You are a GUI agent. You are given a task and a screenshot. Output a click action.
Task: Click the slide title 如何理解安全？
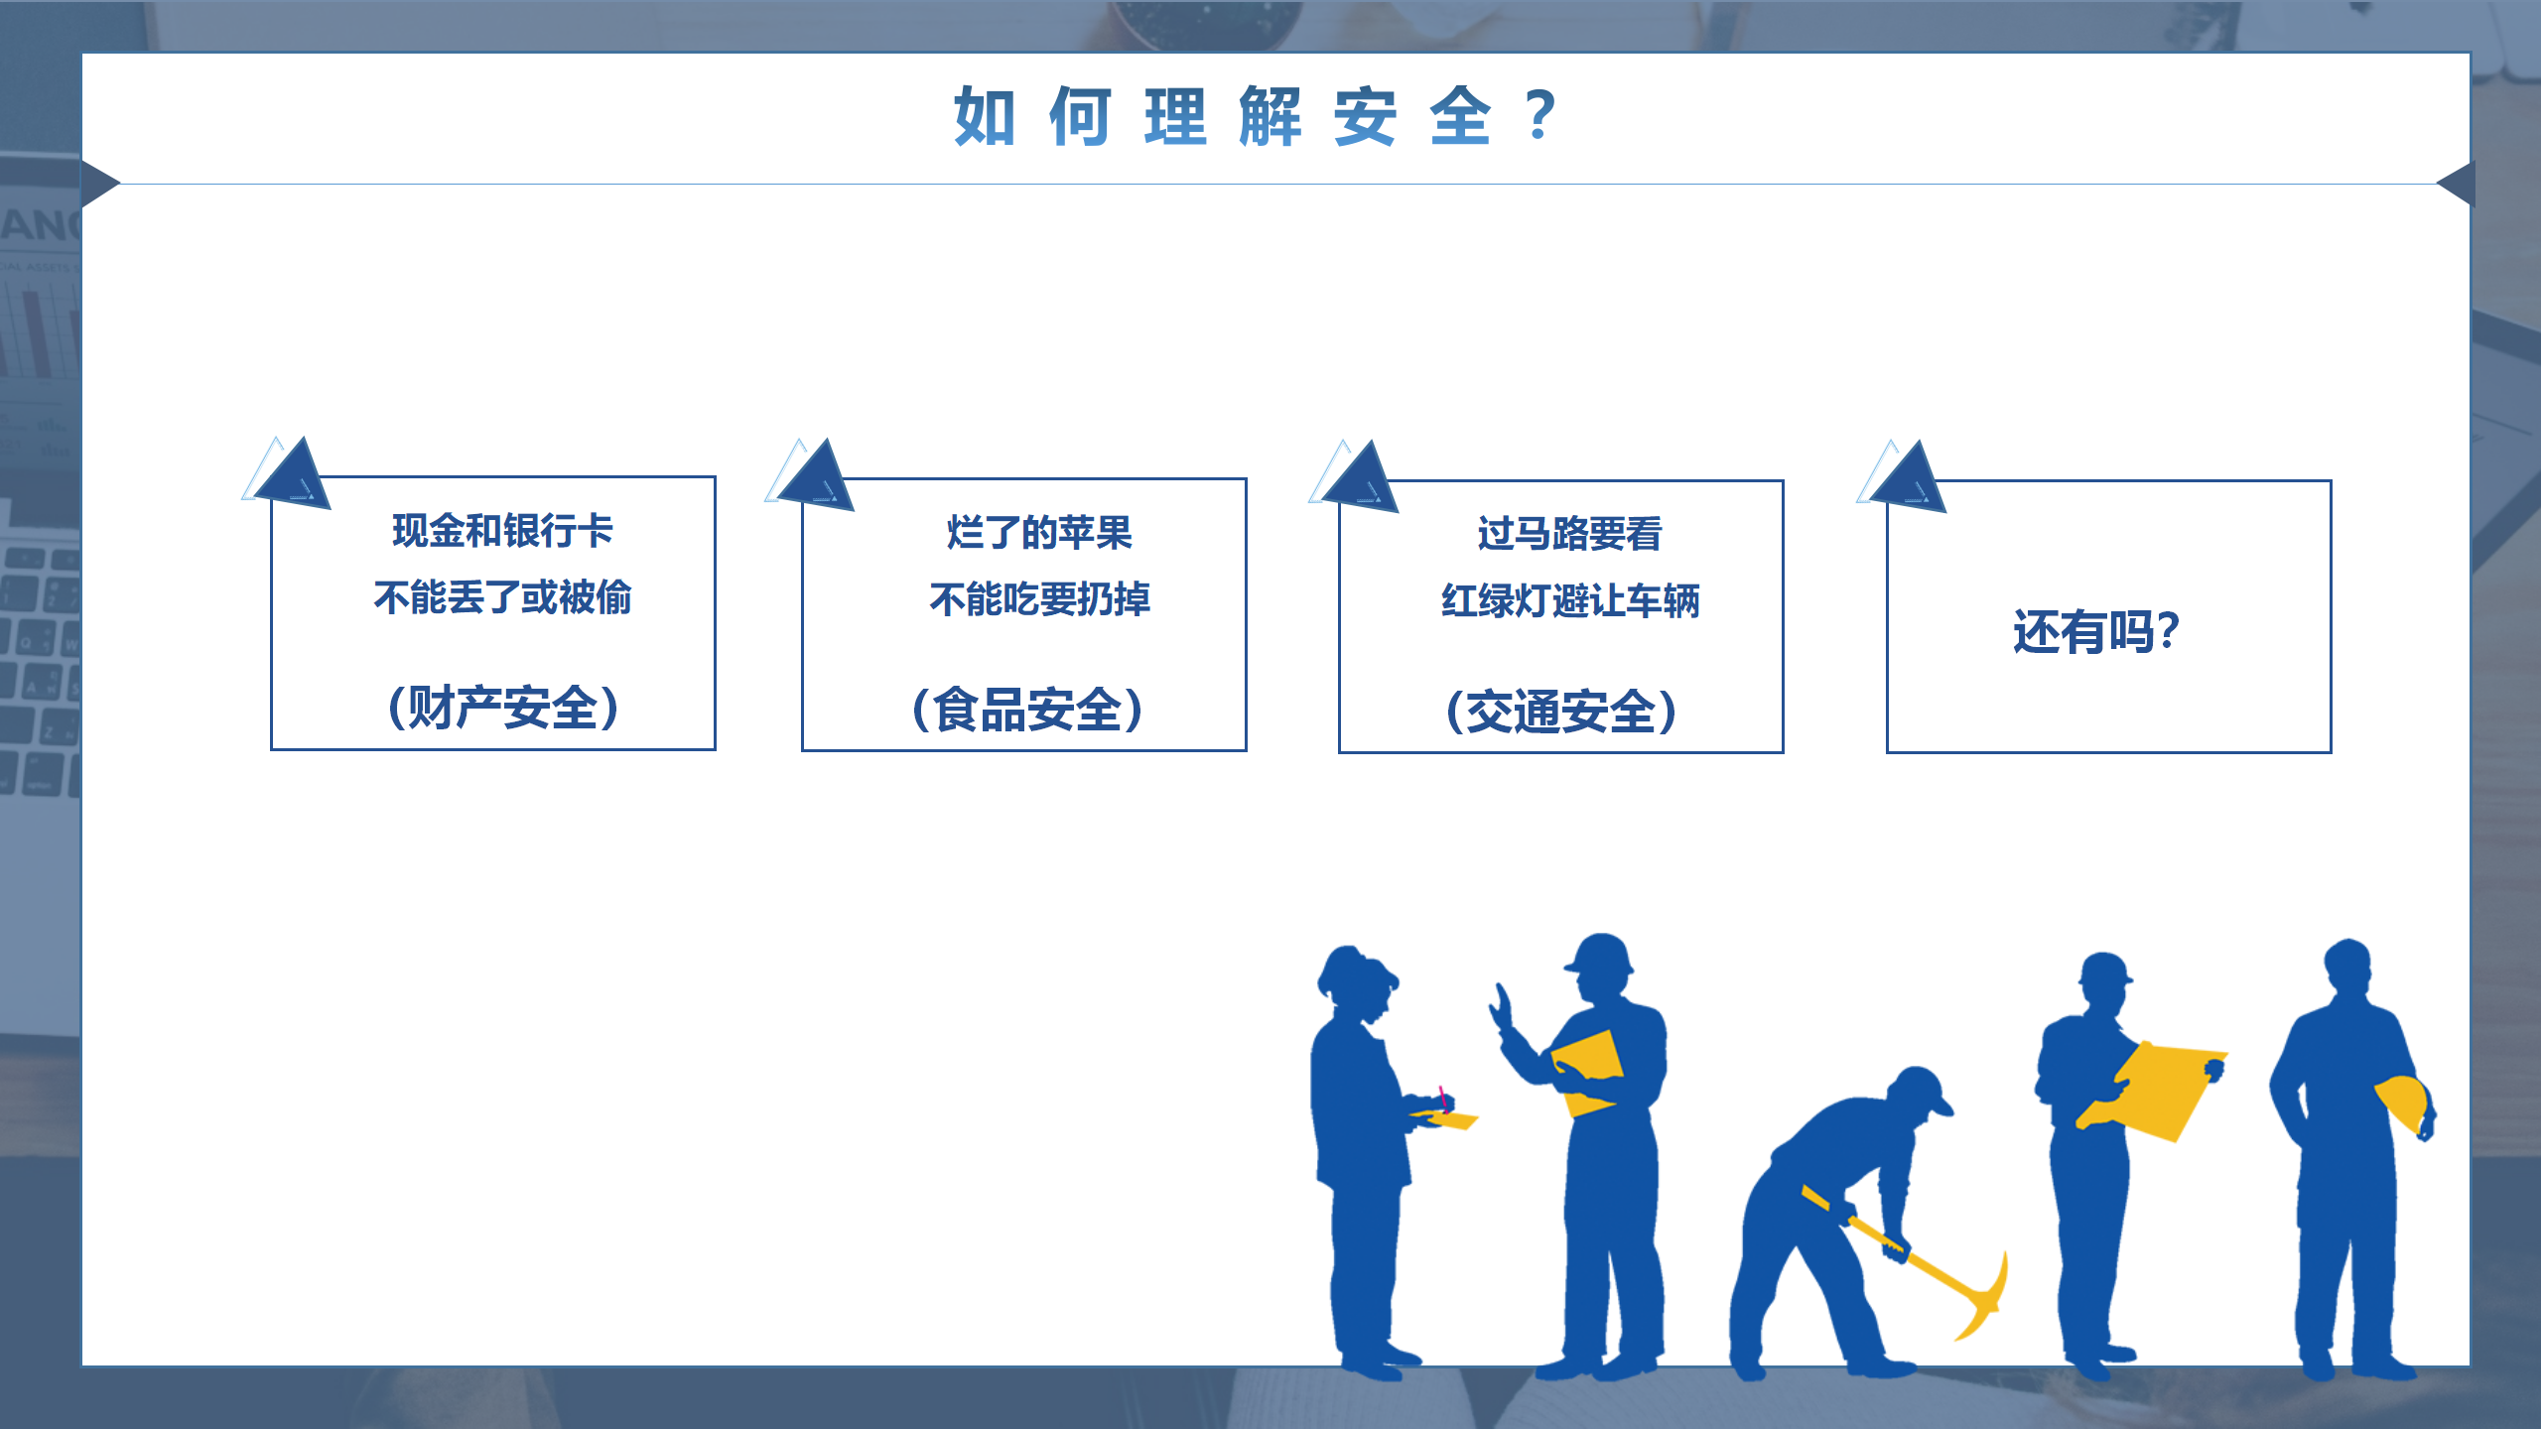tap(1256, 116)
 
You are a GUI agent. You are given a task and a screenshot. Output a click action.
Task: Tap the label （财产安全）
tap(503, 708)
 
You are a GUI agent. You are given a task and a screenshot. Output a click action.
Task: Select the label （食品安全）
tap(1026, 710)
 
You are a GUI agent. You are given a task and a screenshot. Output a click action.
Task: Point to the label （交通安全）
tap(1561, 712)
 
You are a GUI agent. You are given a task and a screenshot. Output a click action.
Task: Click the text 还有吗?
tap(2096, 632)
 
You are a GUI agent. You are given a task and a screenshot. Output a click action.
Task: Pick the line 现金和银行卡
tap(503, 531)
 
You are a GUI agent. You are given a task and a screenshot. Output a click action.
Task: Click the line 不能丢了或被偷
tap(503, 597)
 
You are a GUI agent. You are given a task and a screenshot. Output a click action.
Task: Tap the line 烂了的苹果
tap(1039, 533)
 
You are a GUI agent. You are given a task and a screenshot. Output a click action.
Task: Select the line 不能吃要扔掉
tap(1039, 599)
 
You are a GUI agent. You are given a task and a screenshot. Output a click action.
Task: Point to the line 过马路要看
tap(1569, 534)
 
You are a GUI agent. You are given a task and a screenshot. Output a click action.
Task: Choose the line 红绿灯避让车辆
tap(1569, 600)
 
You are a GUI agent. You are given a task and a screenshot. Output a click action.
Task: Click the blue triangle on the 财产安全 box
tap(294, 473)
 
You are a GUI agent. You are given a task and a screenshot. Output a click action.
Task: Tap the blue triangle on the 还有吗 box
tap(1910, 477)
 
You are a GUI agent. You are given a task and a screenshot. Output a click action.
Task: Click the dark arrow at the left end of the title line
tap(100, 184)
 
